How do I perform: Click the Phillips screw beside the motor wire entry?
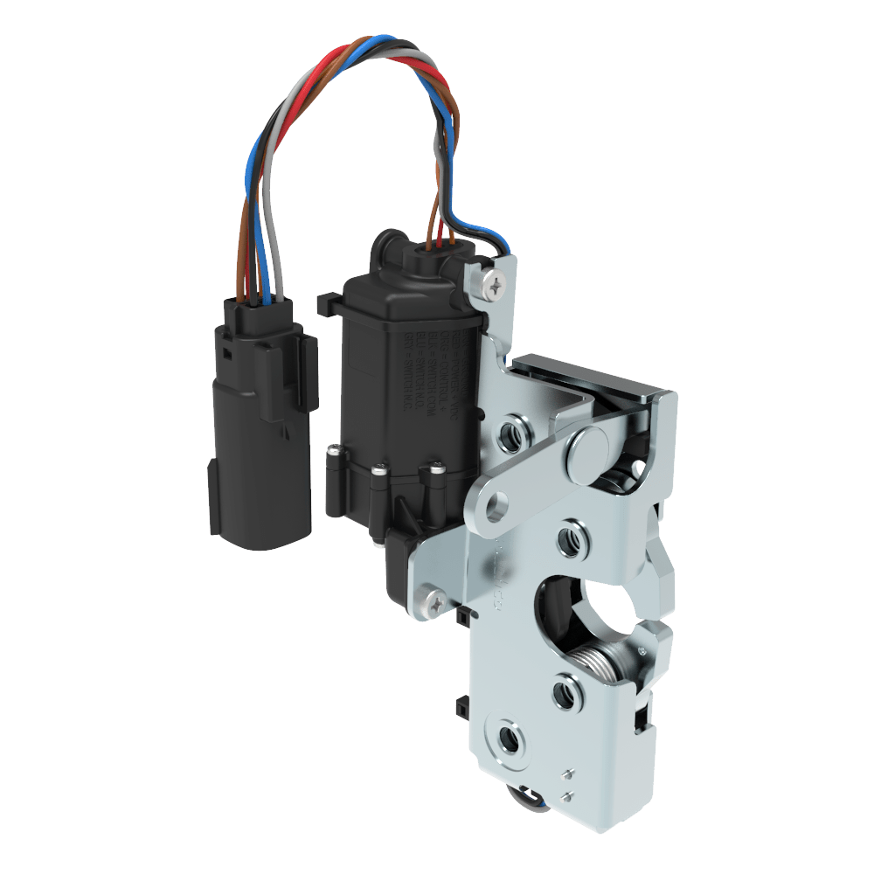pos(497,281)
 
